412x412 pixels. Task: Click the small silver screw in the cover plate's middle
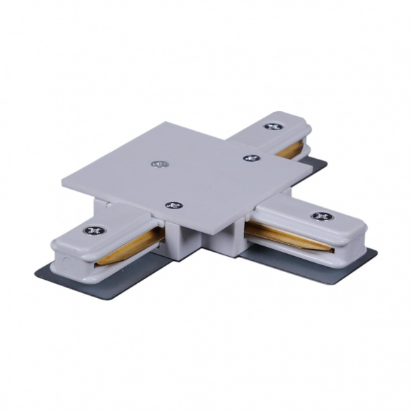click(x=160, y=164)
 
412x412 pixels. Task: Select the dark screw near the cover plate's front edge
click(x=171, y=206)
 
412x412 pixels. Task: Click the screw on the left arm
click(x=91, y=231)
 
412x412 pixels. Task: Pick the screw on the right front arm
click(x=321, y=216)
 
